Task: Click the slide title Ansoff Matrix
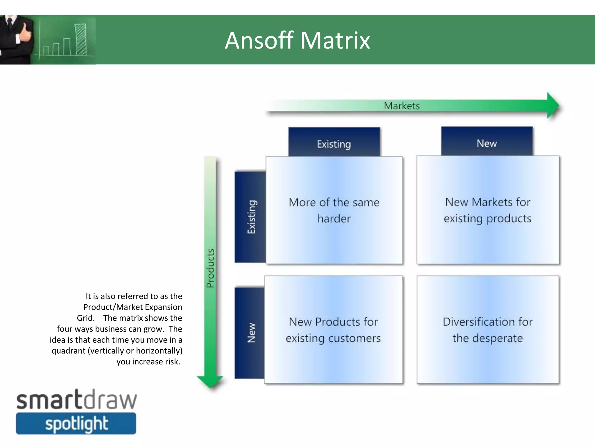pos(297,40)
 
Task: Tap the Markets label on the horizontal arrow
pos(402,106)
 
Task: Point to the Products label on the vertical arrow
pos(210,268)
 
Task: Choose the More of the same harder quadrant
pos(334,210)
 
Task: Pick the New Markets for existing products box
pos(488,210)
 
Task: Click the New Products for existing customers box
pos(333,330)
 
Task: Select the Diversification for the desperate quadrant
pos(488,330)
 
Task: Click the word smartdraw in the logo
pos(76,400)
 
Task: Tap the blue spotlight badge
pos(76,424)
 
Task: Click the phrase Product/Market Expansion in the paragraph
pos(132,307)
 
